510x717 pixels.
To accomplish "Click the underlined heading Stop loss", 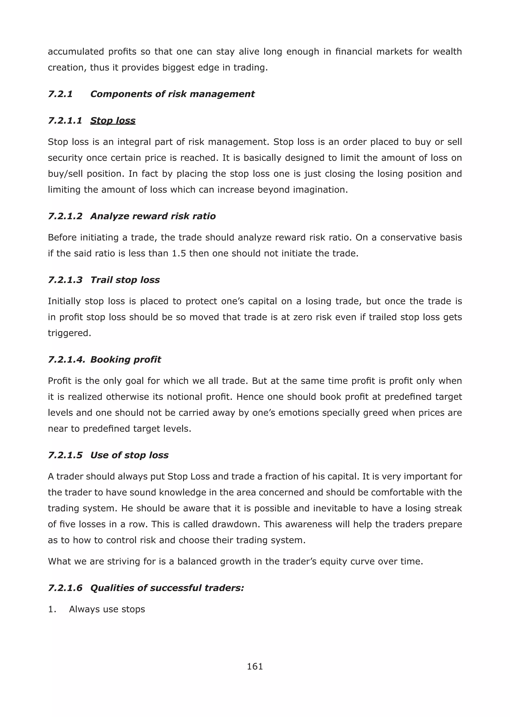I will [113, 120].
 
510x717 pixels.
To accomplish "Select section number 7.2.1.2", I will [65, 216].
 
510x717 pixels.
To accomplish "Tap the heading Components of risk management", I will [172, 94].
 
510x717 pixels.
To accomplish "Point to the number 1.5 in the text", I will [179, 253].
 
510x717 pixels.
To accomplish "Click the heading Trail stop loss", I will [125, 280].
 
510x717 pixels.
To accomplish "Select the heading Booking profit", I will [126, 359].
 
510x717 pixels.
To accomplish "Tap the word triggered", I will [69, 333].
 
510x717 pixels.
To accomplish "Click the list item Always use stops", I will [107, 609].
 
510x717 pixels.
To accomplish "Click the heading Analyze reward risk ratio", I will [153, 216].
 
